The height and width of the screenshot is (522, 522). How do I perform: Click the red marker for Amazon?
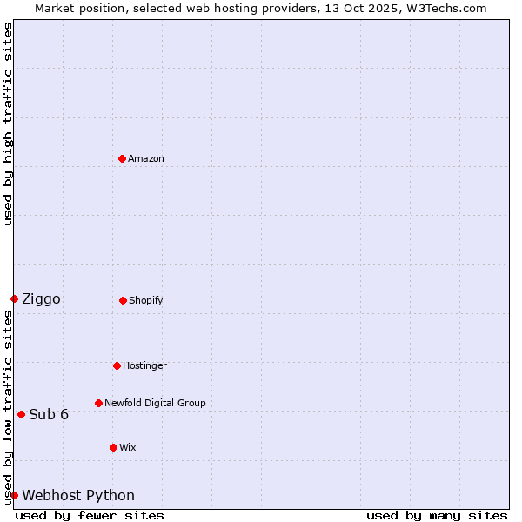point(122,158)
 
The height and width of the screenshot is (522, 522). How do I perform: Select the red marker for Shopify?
point(123,300)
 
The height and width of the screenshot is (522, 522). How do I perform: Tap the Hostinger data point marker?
point(117,365)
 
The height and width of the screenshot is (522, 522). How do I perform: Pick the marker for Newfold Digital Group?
point(98,403)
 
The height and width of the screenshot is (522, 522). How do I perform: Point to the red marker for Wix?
point(113,447)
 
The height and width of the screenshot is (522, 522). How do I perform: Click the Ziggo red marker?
point(14,298)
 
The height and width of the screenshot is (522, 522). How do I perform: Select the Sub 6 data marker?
point(21,414)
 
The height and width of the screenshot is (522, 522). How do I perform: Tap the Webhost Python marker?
point(14,495)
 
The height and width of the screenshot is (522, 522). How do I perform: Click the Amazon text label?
point(146,158)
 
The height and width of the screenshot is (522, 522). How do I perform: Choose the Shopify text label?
point(146,300)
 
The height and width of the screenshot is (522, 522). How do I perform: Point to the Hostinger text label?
point(144,365)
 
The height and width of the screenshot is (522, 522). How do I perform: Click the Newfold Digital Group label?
point(155,403)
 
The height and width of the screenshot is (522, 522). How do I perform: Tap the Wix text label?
point(128,447)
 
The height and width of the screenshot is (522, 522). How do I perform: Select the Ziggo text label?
point(41,299)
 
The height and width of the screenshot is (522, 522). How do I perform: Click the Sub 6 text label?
point(49,414)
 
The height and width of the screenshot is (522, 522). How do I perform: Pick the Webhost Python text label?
point(78,496)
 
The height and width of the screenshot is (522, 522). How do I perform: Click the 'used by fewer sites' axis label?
point(90,515)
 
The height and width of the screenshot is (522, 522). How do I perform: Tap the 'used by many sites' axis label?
point(437,515)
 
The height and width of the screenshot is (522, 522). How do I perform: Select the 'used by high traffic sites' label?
point(8,124)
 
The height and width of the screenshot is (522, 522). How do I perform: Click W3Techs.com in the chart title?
point(444,8)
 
